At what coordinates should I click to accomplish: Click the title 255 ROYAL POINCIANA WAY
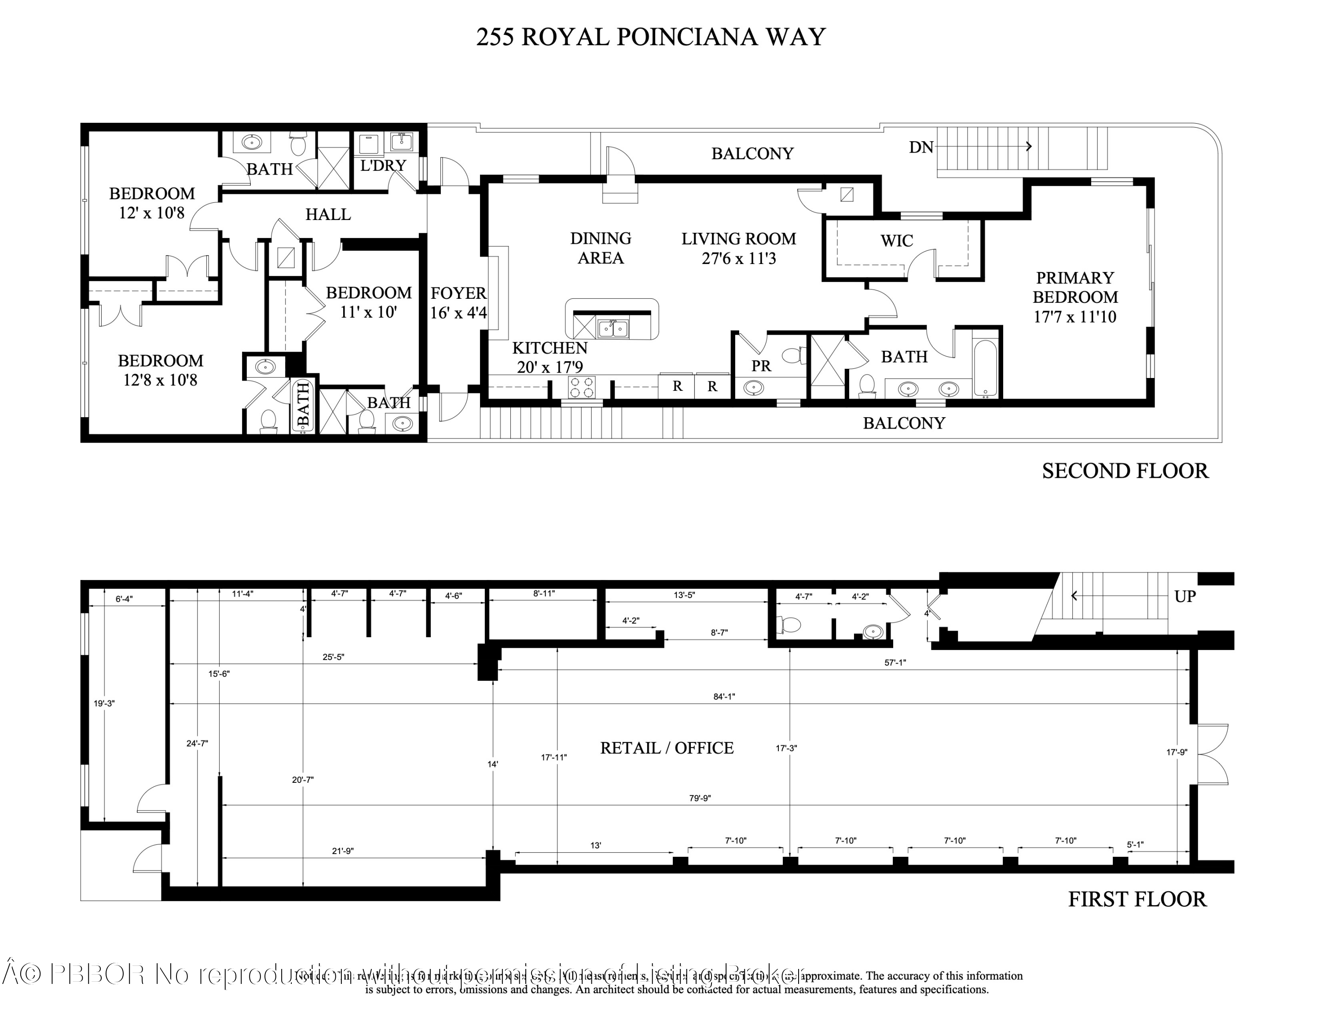click(650, 37)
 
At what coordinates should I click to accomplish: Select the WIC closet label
click(896, 241)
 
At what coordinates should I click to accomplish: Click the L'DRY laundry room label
click(383, 165)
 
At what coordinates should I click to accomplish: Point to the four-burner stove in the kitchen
click(581, 387)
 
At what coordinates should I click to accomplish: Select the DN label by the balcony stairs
click(921, 147)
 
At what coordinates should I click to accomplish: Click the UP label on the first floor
click(1184, 596)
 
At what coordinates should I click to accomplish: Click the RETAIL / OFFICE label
click(667, 748)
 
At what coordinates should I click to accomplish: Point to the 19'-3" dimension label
click(104, 703)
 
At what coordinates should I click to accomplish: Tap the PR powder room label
click(761, 366)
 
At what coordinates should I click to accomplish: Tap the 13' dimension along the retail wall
click(595, 845)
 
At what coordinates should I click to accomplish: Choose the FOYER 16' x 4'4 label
click(458, 303)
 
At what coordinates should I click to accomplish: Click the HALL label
click(328, 214)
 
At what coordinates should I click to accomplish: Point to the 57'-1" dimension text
click(895, 662)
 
